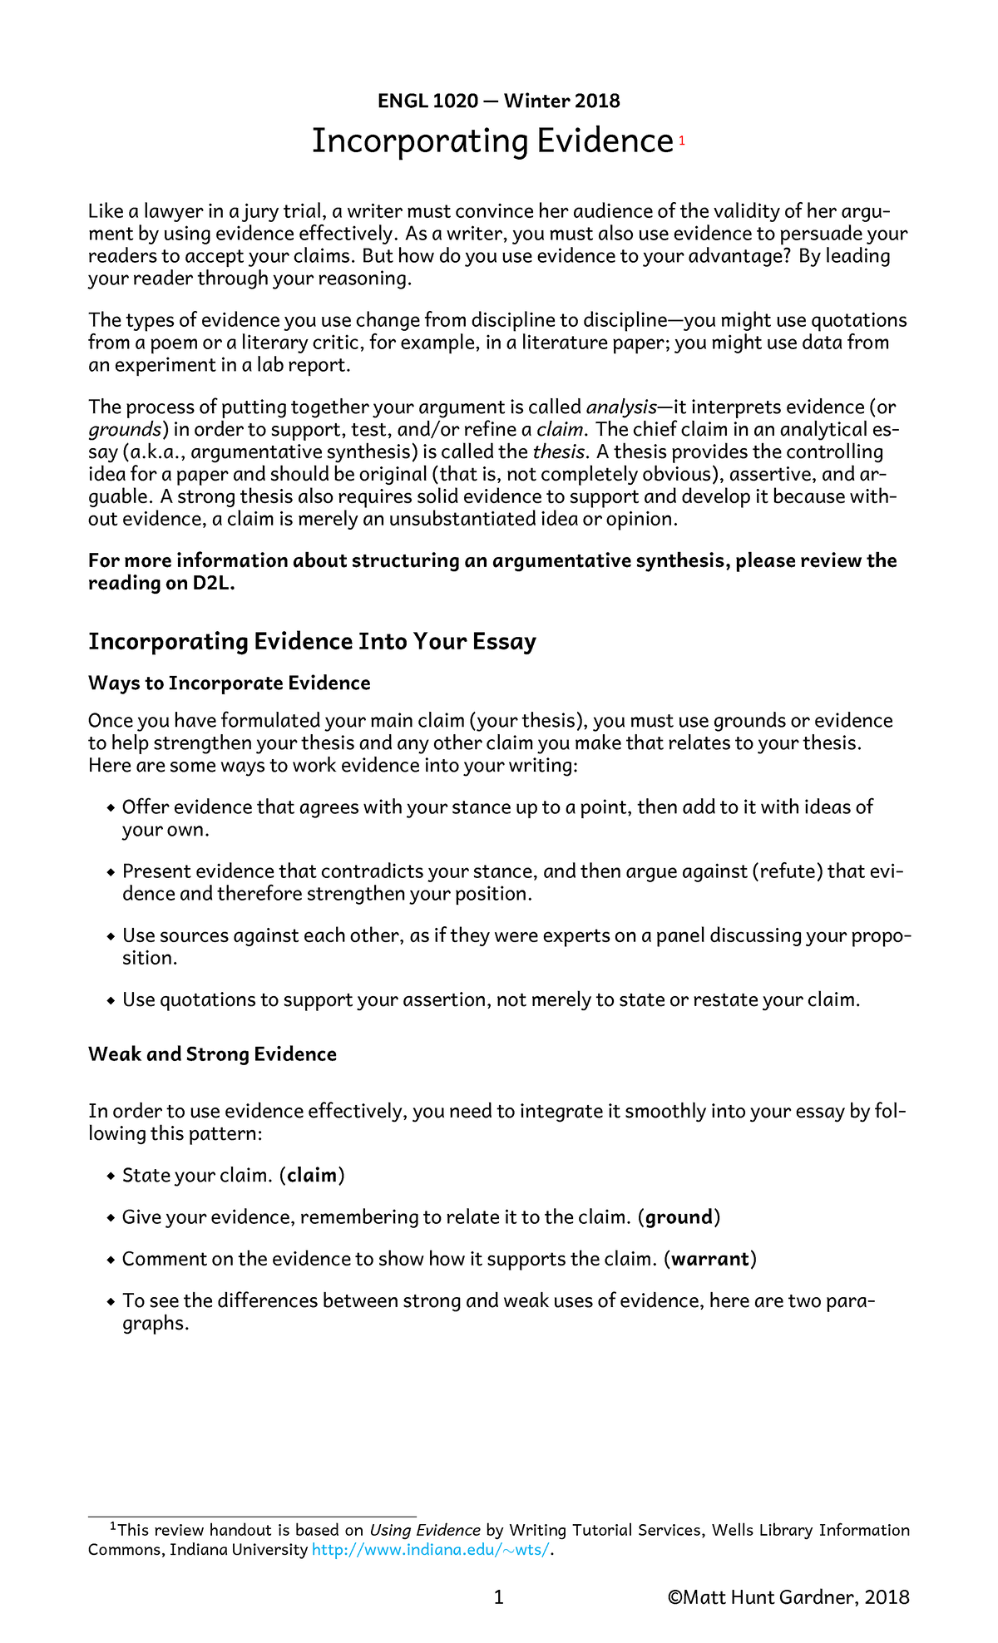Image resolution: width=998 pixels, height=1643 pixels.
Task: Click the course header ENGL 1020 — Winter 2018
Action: [x=498, y=101]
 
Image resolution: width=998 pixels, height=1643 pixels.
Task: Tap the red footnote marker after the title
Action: [x=681, y=141]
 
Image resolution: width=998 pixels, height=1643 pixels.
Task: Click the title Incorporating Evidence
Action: [x=492, y=141]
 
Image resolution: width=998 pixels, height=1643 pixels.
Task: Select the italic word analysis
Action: [x=620, y=407]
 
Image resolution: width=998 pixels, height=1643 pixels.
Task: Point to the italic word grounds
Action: [x=125, y=430]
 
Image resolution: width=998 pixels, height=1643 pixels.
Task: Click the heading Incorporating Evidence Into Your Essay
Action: [x=312, y=642]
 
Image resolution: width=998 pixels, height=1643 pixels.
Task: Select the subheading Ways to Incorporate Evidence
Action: [x=229, y=683]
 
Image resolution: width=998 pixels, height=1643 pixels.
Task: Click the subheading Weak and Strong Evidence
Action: [x=212, y=1054]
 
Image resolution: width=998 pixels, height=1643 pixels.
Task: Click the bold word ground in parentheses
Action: [x=679, y=1217]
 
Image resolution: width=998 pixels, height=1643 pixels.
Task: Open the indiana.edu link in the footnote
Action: [x=430, y=1550]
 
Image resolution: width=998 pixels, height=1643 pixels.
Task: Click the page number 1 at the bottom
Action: [x=498, y=1597]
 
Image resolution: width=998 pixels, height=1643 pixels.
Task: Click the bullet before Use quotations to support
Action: [x=111, y=1000]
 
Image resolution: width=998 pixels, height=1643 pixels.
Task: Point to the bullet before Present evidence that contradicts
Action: [x=111, y=872]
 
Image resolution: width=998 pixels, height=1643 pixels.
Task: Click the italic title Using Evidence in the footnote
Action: [x=424, y=1530]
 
